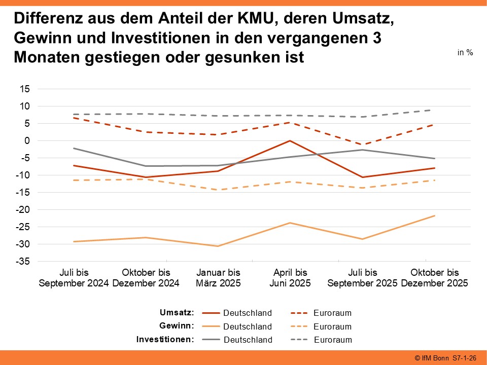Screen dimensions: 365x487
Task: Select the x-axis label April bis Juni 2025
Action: tap(290, 278)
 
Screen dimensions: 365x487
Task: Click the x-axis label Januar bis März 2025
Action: tap(218, 278)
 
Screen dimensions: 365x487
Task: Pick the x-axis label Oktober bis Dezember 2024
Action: tap(146, 278)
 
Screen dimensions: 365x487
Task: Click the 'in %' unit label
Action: tap(465, 53)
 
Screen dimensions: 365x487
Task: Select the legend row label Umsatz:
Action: tap(177, 312)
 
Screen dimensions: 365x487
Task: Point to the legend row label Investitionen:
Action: tap(165, 339)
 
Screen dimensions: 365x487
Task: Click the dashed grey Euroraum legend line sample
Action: tap(299, 340)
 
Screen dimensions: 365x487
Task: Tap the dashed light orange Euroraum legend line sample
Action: tap(299, 326)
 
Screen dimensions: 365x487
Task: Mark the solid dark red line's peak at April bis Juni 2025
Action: tap(290, 141)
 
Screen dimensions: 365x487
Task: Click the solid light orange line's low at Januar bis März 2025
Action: tap(218, 246)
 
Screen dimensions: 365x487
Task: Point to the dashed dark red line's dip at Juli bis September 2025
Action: tap(362, 144)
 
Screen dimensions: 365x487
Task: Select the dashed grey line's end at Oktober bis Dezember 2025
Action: tap(434, 110)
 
